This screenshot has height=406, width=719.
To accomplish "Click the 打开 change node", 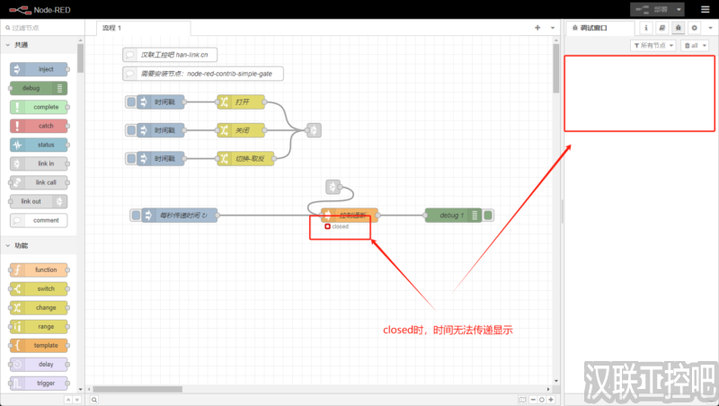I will pos(241,102).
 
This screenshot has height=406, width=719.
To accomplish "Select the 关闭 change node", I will pos(241,131).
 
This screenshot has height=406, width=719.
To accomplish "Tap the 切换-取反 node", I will pos(241,159).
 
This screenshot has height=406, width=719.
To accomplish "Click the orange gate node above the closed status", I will pos(350,215).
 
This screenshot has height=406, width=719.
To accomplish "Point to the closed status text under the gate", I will pos(340,226).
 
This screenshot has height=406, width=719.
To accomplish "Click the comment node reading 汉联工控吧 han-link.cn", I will pos(171,55).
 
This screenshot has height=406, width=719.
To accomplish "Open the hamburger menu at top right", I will pos(704,9).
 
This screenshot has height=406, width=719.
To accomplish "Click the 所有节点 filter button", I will pos(653,45).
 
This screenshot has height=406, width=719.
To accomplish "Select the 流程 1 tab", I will pos(112,28).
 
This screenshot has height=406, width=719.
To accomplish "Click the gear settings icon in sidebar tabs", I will pos(694,28).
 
